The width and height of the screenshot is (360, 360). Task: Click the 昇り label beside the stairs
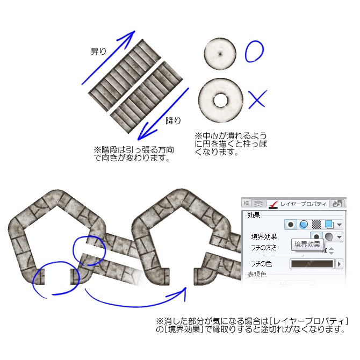98,52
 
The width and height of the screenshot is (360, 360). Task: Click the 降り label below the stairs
173,120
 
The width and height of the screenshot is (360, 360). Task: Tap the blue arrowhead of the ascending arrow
129,36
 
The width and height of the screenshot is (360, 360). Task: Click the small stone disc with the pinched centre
220,54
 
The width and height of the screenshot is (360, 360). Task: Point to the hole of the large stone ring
220,100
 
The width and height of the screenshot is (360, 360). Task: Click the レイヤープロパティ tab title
304,204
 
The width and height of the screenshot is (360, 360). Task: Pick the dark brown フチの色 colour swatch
312,264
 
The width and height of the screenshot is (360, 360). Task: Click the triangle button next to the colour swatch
339,264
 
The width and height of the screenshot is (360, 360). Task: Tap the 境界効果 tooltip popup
307,244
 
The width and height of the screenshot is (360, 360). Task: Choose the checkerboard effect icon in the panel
317,224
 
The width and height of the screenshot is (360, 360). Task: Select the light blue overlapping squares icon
328,224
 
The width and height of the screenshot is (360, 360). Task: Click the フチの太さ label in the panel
264,248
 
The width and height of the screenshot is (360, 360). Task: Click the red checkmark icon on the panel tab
273,203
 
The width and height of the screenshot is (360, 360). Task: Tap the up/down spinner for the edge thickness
332,250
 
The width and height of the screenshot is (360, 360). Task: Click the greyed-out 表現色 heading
257,274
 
